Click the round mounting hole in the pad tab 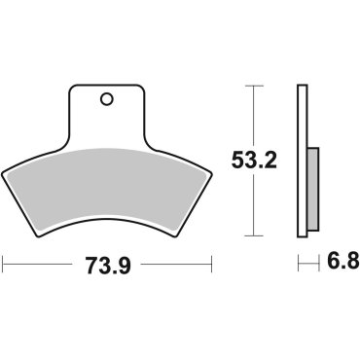(106, 98)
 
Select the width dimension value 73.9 (106, 263)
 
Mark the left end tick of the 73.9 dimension (4, 263)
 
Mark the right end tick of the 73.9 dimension (211, 263)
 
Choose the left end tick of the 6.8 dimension (298, 263)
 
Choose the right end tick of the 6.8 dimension (318, 263)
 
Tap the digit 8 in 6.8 (349, 263)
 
